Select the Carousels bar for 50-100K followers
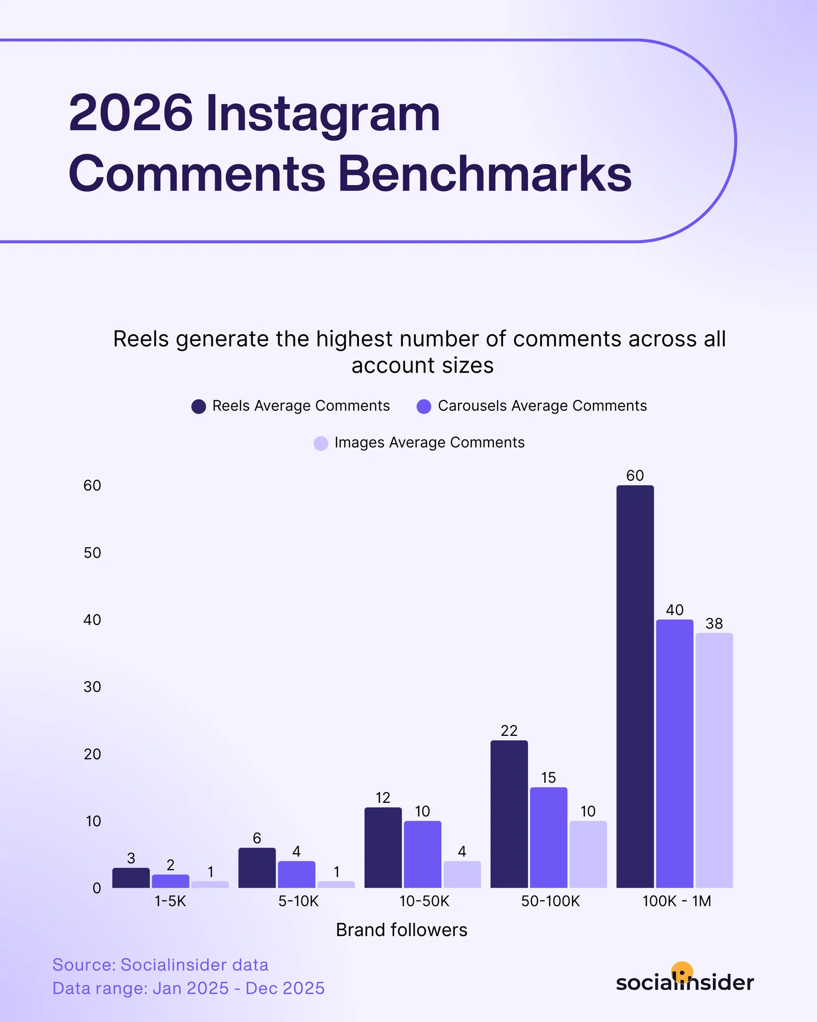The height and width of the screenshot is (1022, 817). pos(548,838)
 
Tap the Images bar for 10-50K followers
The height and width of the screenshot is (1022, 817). pos(462,874)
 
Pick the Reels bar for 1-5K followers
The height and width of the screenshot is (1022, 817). pos(131,878)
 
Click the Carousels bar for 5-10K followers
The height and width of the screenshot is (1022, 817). pos(296,874)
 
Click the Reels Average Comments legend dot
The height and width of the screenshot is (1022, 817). pos(199,406)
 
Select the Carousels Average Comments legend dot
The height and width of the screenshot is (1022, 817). pos(424,406)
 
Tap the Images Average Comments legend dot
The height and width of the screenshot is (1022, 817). pos(321,443)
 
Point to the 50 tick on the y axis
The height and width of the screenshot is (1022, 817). pos(92,552)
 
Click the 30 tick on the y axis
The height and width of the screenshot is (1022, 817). pos(92,687)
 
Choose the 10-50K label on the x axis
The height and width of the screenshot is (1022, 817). pos(424,901)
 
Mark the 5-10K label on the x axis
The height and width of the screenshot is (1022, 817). pos(298,901)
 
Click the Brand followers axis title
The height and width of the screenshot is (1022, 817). pos(401,930)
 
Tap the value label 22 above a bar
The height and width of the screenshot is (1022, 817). pos(509,731)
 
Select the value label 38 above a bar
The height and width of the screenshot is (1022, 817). pos(714,623)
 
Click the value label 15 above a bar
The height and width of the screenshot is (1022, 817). pos(548,778)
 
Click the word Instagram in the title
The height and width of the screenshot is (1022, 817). pos(323,113)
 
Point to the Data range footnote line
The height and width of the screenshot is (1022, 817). pos(188,988)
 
